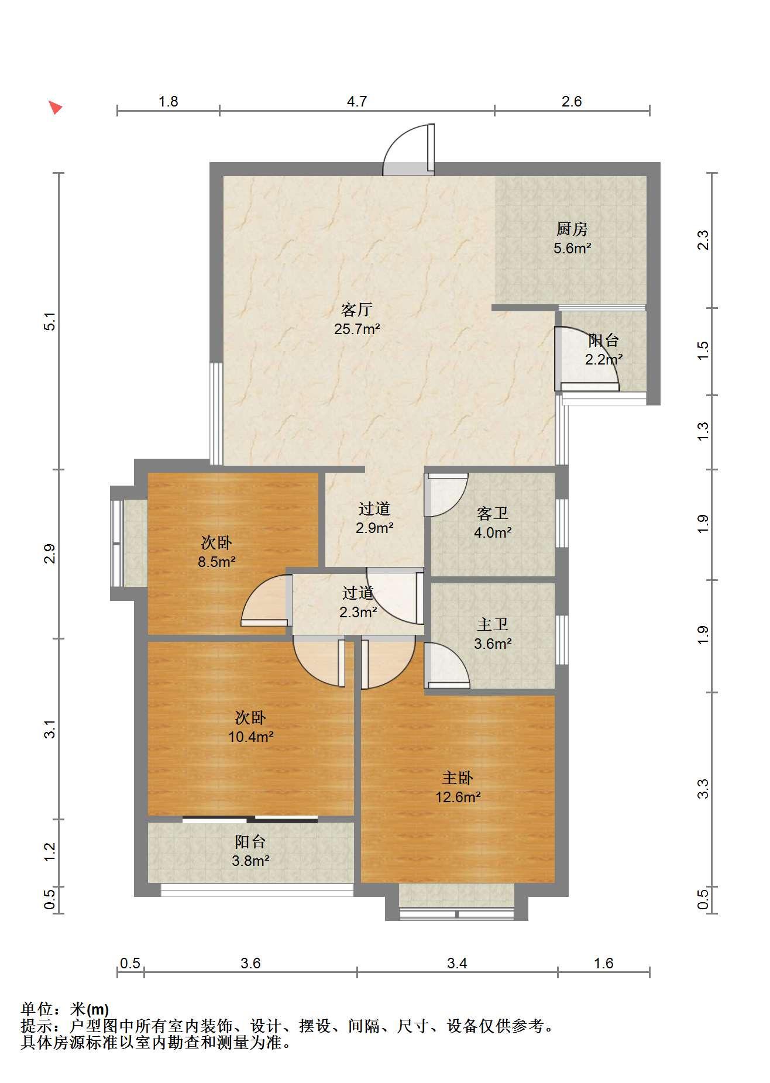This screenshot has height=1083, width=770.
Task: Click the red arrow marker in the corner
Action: pyautogui.click(x=55, y=107)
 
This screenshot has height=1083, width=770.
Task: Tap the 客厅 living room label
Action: pyautogui.click(x=357, y=310)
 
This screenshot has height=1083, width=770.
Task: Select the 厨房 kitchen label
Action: pyautogui.click(x=572, y=229)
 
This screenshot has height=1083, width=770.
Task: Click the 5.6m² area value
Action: pyautogui.click(x=572, y=248)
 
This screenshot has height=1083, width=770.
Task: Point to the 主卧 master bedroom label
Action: pyautogui.click(x=458, y=778)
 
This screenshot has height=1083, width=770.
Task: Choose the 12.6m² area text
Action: pyautogui.click(x=458, y=797)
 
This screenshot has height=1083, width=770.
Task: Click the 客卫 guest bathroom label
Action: pyautogui.click(x=493, y=513)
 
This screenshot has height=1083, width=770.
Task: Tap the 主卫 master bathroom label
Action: pyautogui.click(x=493, y=624)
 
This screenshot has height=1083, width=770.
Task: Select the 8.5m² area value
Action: pyautogui.click(x=216, y=562)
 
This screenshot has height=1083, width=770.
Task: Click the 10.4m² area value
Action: pyautogui.click(x=251, y=737)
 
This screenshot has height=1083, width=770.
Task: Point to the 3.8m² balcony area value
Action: pyautogui.click(x=250, y=861)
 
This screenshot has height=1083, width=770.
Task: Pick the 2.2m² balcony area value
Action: pyautogui.click(x=604, y=359)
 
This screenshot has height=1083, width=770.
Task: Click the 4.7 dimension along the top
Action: pyautogui.click(x=357, y=102)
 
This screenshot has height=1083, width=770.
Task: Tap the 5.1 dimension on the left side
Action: pyautogui.click(x=50, y=321)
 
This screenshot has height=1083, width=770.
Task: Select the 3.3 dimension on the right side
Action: pyautogui.click(x=703, y=788)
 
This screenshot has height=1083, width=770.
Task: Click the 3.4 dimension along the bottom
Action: pyautogui.click(x=457, y=963)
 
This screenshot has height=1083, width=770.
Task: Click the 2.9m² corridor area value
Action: pyautogui.click(x=374, y=528)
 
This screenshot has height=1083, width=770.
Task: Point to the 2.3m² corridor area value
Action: pyautogui.click(x=358, y=612)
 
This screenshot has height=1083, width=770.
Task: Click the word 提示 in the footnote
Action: pyautogui.click(x=36, y=1026)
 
